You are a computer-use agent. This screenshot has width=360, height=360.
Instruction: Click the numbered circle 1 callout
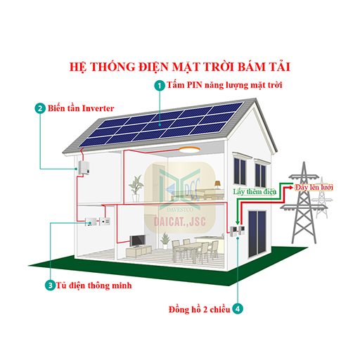tap(160, 86)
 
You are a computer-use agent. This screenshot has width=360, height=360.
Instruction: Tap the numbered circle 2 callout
tap(40, 108)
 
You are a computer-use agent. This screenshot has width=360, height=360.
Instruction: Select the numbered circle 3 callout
tap(50, 285)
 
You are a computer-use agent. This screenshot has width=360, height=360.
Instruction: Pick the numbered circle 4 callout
tap(238, 309)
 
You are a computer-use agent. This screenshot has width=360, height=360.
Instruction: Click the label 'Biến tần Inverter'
tap(81, 108)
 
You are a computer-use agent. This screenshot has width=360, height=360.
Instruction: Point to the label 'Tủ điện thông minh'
tap(94, 285)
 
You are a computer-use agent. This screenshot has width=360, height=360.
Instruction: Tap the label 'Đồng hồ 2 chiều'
tap(200, 309)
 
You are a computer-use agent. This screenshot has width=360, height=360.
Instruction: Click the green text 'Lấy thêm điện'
tap(255, 192)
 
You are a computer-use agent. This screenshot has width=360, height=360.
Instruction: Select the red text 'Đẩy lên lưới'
tap(314, 187)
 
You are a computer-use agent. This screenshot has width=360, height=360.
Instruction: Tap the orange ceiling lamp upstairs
tap(189, 150)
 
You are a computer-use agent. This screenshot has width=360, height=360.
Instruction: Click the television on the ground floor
tap(138, 241)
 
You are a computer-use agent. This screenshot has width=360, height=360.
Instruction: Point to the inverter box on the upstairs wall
tap(84, 167)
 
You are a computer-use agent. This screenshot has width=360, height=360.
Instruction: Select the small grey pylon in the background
tap(322, 198)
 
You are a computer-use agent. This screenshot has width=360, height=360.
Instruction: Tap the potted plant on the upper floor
tap(136, 188)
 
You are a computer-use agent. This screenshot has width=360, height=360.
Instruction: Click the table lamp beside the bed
tap(218, 184)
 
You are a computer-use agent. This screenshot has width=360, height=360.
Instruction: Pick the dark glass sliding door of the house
tap(257, 233)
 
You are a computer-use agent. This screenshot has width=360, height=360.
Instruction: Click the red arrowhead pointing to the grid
tap(291, 187)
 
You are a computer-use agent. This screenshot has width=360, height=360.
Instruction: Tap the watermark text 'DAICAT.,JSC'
tap(180, 221)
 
